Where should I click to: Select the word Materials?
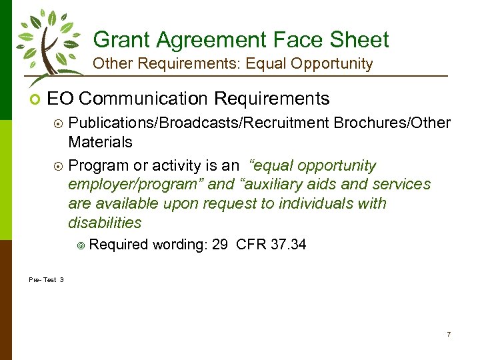point(100,142)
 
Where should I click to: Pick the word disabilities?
point(105,223)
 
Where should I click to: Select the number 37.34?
point(289,245)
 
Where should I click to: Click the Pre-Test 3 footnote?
point(47,279)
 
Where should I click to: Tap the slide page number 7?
point(449,334)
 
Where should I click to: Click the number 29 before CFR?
point(219,245)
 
